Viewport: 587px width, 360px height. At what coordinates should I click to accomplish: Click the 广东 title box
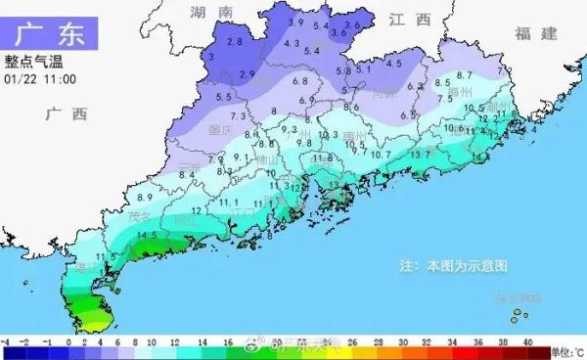(x=50, y=30)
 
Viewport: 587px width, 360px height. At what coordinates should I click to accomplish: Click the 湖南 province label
(x=211, y=13)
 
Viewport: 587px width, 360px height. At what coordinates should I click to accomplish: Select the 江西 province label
(x=409, y=19)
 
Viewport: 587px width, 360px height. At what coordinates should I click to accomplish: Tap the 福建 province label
(x=537, y=34)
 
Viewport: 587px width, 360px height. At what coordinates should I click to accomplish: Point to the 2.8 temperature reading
(x=234, y=41)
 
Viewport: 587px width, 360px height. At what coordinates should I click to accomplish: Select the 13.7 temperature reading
(x=420, y=154)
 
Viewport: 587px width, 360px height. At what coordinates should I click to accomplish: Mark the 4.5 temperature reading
(x=393, y=64)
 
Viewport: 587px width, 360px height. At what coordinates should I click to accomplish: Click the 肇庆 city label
(x=221, y=128)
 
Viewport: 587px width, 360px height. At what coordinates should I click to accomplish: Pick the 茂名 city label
(x=139, y=214)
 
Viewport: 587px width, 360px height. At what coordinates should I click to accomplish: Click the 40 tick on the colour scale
(x=527, y=342)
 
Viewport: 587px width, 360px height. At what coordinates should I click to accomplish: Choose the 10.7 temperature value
(x=382, y=154)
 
